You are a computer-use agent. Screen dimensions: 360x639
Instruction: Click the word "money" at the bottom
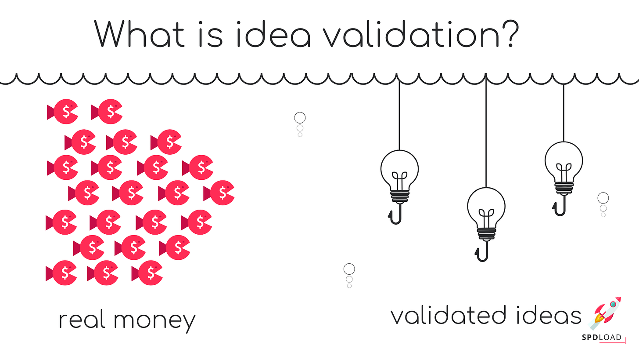[x=154, y=321]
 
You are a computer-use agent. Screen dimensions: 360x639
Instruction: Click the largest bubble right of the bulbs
[x=603, y=198]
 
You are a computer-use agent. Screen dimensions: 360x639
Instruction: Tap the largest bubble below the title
[x=300, y=118]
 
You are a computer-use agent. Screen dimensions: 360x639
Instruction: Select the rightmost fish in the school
[x=222, y=193]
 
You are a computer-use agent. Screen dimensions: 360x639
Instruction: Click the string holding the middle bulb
[x=486, y=132]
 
